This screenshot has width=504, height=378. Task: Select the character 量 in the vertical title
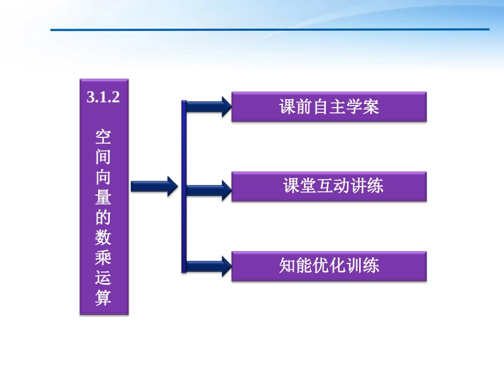click(103, 197)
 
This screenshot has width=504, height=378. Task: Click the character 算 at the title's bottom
click(103, 297)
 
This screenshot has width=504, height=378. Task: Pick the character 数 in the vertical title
click(103, 238)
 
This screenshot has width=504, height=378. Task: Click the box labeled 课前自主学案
click(329, 107)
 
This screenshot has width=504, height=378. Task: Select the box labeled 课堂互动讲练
click(329, 186)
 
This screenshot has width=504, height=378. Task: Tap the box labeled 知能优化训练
click(329, 266)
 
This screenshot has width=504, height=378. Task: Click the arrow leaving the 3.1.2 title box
click(154, 186)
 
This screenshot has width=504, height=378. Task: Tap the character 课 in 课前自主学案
click(287, 107)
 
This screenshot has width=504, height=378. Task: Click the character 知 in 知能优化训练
click(287, 266)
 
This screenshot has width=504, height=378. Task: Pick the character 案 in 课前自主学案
click(371, 107)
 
